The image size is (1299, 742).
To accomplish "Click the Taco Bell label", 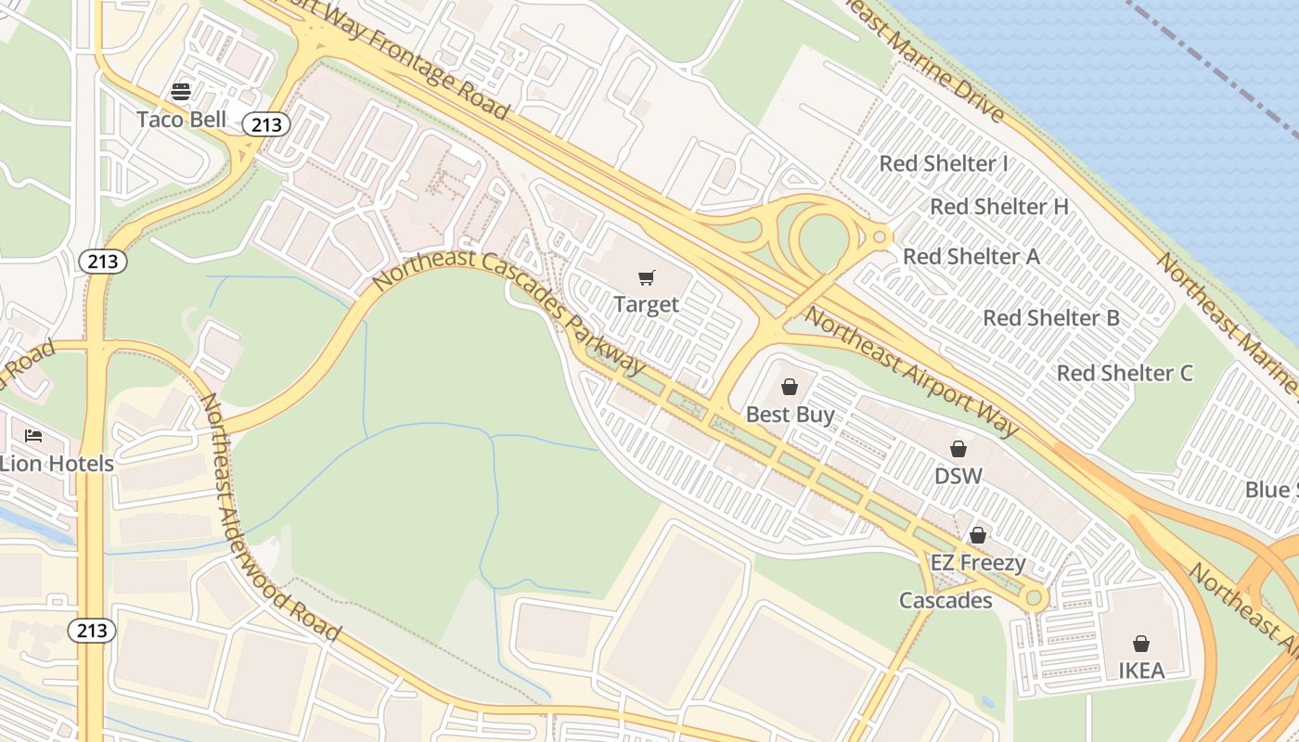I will [x=182, y=119].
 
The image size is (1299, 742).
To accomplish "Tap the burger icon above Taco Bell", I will [x=181, y=91].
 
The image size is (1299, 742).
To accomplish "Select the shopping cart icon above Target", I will [x=647, y=277].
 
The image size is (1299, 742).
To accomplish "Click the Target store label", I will [x=647, y=304].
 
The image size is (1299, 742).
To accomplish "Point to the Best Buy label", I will [x=791, y=415].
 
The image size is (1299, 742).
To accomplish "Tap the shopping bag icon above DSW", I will [x=958, y=449].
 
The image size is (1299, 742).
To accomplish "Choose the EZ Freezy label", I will [x=978, y=563].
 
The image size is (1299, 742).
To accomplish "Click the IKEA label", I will [x=1141, y=670].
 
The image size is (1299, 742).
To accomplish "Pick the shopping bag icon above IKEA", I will [x=1141, y=643].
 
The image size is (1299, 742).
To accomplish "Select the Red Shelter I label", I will [x=944, y=163].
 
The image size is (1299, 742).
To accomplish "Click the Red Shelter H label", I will [x=999, y=206].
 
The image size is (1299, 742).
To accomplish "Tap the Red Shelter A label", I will [x=971, y=256].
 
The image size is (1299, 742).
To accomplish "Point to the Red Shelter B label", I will [x=1051, y=318].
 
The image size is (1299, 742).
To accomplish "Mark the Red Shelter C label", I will [x=1125, y=373].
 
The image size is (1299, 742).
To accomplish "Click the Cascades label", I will [x=945, y=600].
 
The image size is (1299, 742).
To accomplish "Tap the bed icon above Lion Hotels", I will [x=33, y=435].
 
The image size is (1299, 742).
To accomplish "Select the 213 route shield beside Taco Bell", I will [x=267, y=124].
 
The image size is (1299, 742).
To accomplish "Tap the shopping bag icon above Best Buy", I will [x=790, y=386].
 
